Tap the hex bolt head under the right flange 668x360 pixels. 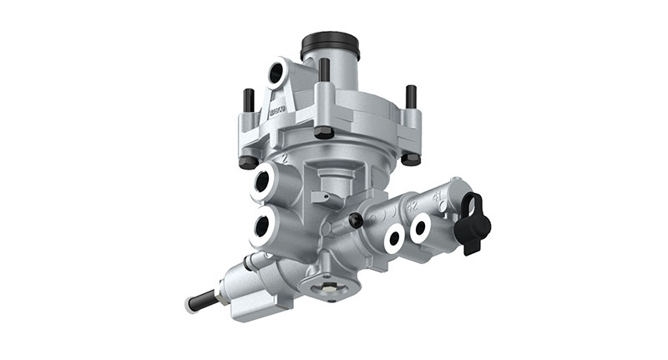pyautogui.click(x=410, y=159)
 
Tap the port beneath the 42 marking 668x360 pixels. pyautogui.click(x=392, y=238)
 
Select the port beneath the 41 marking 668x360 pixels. pyautogui.click(x=420, y=226)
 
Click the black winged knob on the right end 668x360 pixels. pyautogui.click(x=474, y=221)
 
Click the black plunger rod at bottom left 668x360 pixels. pyautogui.click(x=200, y=299)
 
